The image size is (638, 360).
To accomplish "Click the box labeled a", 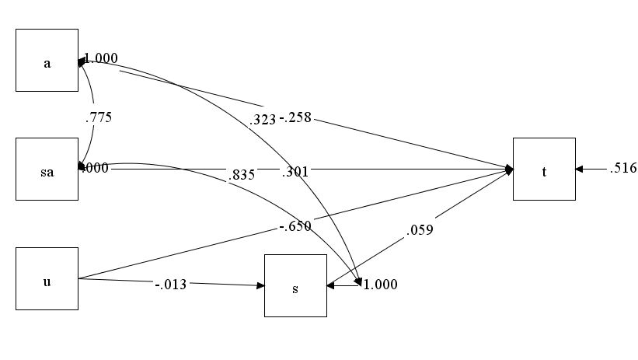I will (47, 61).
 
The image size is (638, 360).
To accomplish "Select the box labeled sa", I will (47, 170).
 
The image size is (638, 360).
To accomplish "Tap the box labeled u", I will (47, 278).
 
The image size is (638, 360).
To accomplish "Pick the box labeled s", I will (295, 286).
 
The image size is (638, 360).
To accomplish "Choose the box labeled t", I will (544, 170).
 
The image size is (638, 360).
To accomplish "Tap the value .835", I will (242, 175).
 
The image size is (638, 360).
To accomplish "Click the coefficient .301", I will (295, 172).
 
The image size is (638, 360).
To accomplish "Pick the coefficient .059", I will (418, 229).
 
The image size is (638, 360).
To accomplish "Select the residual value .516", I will (623, 169).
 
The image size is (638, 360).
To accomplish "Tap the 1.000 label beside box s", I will (380, 285).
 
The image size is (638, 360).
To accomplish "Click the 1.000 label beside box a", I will (101, 58).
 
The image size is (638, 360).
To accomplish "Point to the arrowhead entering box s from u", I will (260, 285).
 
